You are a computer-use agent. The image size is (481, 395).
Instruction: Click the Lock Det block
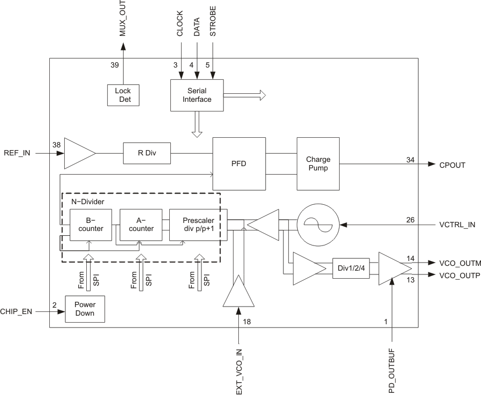123,95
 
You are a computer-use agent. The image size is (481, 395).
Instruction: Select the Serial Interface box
197,95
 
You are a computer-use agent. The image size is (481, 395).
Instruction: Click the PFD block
239,163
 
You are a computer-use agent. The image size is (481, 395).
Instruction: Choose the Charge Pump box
318,163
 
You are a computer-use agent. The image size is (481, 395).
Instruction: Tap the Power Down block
85,308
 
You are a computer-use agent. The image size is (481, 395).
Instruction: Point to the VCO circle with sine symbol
318,224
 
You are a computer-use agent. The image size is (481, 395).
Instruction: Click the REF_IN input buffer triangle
78,153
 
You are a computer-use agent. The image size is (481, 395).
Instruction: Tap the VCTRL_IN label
456,225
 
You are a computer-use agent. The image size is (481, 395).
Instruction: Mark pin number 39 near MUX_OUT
115,65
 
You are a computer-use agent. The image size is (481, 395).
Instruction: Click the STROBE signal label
213,23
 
